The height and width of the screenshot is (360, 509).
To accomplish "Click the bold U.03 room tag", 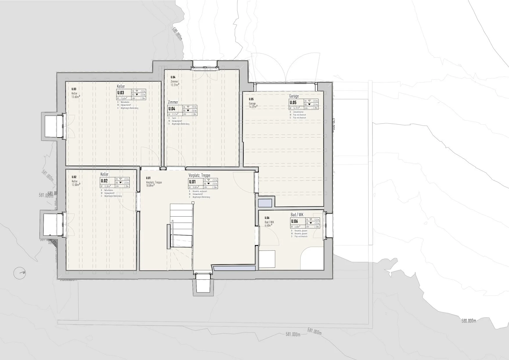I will tap(120, 93).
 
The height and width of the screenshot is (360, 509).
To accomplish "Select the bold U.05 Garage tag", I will tap(293, 102).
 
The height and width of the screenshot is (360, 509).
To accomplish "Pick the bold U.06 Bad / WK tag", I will tap(295, 222).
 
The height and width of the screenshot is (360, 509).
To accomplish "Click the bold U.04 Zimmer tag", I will tap(172, 109).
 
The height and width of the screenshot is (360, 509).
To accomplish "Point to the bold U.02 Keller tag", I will tap(104, 181).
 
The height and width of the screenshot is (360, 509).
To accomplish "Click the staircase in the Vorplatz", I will tap(181, 225).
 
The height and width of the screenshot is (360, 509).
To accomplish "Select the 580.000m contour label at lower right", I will tap(469, 321).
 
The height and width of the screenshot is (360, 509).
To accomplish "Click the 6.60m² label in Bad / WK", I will tap(268, 225).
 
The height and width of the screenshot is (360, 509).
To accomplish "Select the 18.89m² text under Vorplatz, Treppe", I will tap(150, 186).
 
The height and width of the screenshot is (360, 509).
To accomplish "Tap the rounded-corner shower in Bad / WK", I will tap(312, 258).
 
